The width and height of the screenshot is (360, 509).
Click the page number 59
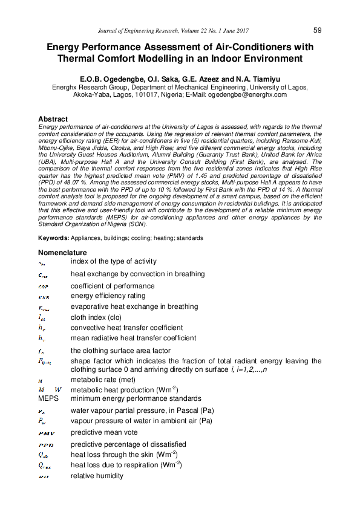(x=318, y=30)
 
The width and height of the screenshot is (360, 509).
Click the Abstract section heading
(x=53, y=119)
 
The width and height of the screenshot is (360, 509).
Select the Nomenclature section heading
(x=62, y=252)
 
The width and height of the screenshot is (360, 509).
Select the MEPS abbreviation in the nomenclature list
(x=50, y=398)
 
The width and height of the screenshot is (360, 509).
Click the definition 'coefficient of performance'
(x=113, y=286)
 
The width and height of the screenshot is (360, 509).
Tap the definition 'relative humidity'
(x=97, y=476)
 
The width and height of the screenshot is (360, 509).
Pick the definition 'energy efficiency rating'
(x=108, y=296)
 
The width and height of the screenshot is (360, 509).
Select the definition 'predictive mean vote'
(x=104, y=432)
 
